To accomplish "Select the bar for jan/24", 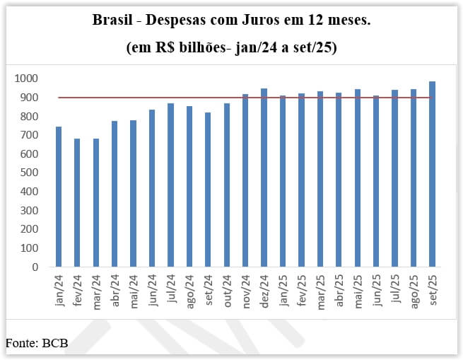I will click(x=59, y=197).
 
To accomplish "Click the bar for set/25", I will click(x=432, y=175).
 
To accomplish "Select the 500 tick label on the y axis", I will click(x=28, y=173).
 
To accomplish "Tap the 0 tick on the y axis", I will click(x=35, y=267).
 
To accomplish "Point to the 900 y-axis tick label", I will click(x=28, y=98).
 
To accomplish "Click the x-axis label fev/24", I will click(x=78, y=289).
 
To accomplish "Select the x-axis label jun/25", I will click(x=376, y=289).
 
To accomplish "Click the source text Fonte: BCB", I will click(x=37, y=343).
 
